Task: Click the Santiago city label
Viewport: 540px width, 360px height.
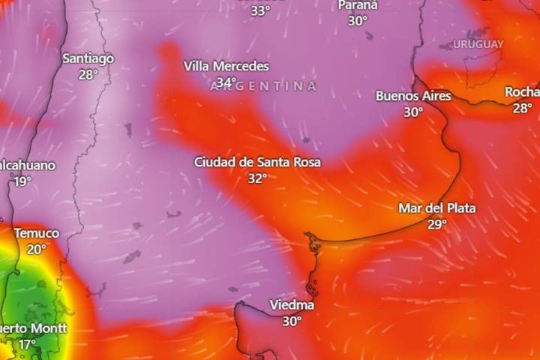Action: (x=88, y=58)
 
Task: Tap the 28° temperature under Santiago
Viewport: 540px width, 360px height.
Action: (x=88, y=74)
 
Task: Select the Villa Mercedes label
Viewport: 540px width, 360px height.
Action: (x=226, y=66)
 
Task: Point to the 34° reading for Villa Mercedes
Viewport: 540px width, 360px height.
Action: (x=226, y=82)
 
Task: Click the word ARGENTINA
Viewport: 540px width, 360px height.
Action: (x=263, y=87)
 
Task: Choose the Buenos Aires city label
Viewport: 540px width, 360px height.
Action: (x=413, y=96)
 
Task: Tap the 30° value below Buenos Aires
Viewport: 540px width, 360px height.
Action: (x=413, y=112)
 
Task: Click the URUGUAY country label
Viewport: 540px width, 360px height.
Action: (x=478, y=44)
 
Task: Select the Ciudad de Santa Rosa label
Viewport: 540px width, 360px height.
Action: (x=257, y=162)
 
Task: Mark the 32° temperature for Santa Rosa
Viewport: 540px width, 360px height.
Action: (x=257, y=178)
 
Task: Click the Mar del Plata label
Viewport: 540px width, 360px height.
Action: (x=437, y=208)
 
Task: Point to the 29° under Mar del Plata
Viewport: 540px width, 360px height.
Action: (x=437, y=224)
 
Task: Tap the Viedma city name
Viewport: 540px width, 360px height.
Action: (x=292, y=305)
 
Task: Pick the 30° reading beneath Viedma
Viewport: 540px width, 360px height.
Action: (x=292, y=322)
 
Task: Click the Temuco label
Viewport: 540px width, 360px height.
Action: (x=36, y=233)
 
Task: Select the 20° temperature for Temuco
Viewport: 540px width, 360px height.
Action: (x=36, y=250)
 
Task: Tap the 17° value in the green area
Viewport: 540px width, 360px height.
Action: (x=27, y=344)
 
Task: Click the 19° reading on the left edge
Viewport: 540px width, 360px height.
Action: (x=22, y=181)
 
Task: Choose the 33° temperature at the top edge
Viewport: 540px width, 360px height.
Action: (x=260, y=10)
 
